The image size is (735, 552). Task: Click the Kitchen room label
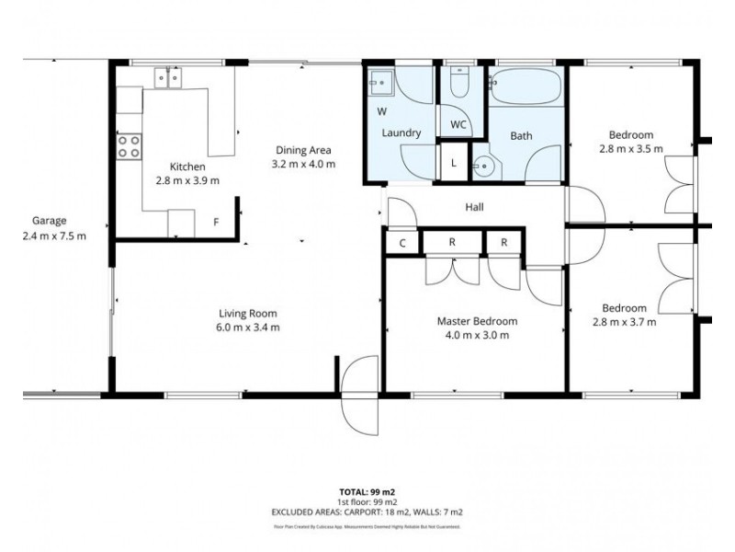pyautogui.click(x=187, y=167)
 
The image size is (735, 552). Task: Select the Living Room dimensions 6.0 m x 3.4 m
pyautogui.click(x=249, y=327)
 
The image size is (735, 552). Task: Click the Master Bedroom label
pyautogui.click(x=476, y=321)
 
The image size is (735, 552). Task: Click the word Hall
pyautogui.click(x=474, y=208)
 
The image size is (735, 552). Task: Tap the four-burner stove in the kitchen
pyautogui.click(x=129, y=146)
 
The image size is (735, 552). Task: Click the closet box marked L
pyautogui.click(x=454, y=164)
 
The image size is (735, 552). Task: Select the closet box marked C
pyautogui.click(x=402, y=243)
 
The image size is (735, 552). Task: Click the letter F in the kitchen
pyautogui.click(x=216, y=222)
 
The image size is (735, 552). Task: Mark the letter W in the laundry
pyautogui.click(x=380, y=111)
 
